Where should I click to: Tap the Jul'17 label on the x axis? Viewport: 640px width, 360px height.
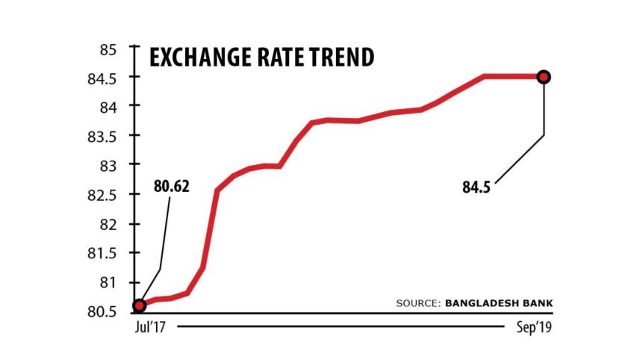[149, 328]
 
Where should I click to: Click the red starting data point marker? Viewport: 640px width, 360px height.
[140, 305]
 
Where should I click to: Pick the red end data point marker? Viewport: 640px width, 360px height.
[544, 76]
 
